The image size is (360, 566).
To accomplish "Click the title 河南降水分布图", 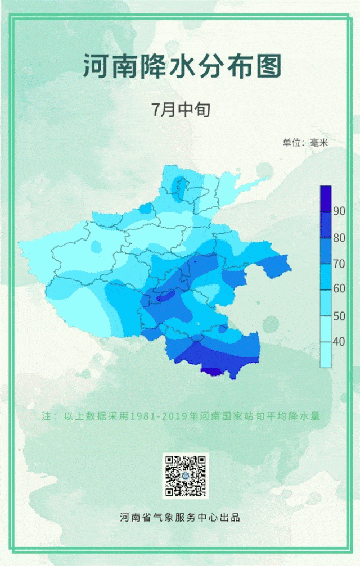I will click(x=182, y=66).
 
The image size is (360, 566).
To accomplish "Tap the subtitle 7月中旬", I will click(x=181, y=109).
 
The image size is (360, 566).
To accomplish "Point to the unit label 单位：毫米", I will click(x=305, y=143).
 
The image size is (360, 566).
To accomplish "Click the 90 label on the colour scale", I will click(x=339, y=211).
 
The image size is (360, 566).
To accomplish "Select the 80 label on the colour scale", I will click(x=339, y=238).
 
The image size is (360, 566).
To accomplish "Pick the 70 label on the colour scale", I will click(x=339, y=264).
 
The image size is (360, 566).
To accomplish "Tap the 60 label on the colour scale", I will click(x=339, y=289).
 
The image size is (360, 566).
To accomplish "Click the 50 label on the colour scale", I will click(x=339, y=316).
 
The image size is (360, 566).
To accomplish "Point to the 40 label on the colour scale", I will click(x=339, y=342).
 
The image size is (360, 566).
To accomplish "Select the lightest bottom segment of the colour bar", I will click(x=326, y=354).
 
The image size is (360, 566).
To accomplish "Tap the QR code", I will click(x=186, y=476).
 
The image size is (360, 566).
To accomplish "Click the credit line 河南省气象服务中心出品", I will click(x=180, y=517).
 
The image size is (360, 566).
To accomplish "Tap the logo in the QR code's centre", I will click(x=186, y=476).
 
